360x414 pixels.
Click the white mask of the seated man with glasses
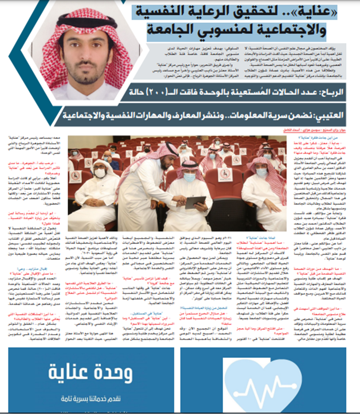coord(100,173)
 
